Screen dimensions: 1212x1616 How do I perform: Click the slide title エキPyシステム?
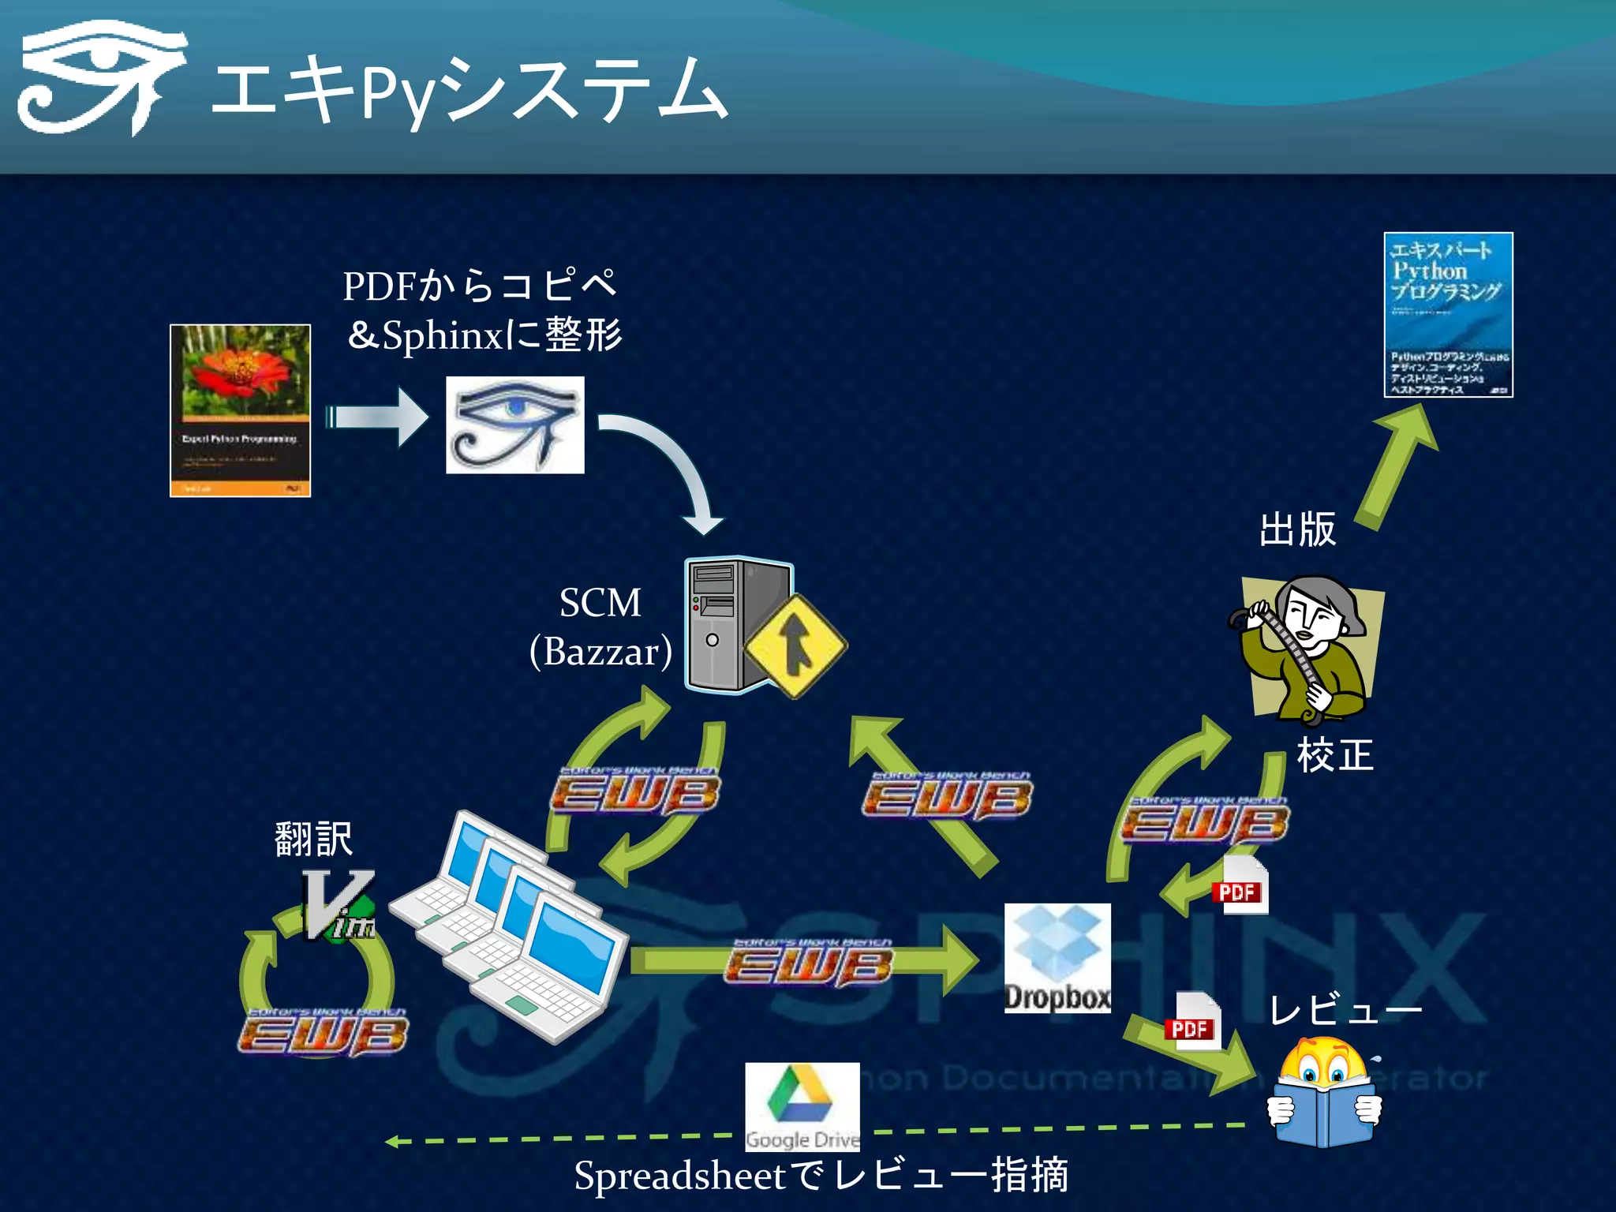[469, 91]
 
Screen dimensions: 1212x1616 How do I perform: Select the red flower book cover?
[240, 410]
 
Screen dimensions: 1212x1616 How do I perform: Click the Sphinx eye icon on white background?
[514, 425]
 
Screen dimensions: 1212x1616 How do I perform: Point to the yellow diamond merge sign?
[795, 646]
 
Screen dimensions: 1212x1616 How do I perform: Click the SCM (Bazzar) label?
[600, 627]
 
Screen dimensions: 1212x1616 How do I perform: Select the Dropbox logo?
[1057, 958]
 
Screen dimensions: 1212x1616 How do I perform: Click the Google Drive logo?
[802, 1106]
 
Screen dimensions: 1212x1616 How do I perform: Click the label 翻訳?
[313, 838]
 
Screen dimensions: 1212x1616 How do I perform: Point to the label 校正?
[1335, 755]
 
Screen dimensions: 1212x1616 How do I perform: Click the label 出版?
[1297, 529]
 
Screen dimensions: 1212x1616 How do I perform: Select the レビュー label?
[1344, 1010]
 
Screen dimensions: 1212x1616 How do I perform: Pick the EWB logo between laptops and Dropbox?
[809, 964]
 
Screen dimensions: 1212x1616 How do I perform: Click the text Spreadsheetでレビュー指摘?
[821, 1176]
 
